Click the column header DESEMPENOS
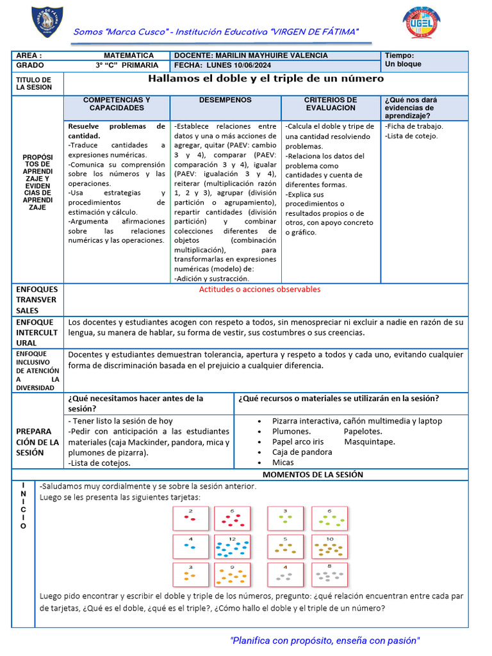point(225,101)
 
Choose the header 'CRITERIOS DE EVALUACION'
point(330,104)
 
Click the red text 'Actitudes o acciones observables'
point(259,290)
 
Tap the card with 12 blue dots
point(231,547)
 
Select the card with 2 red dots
point(190,518)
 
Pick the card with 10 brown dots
point(329,547)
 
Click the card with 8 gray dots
point(329,574)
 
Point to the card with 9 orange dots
point(231,575)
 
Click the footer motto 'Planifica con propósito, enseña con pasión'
point(325,641)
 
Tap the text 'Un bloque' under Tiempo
point(403,65)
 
